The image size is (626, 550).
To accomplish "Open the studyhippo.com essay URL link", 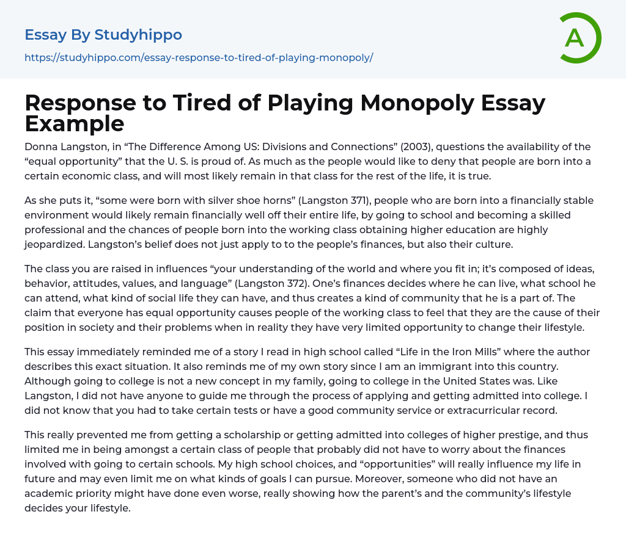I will pyautogui.click(x=199, y=57).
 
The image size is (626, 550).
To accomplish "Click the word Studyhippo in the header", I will pyautogui.click(x=147, y=35).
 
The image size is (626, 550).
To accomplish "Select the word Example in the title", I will pyautogui.click(x=75, y=123).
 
